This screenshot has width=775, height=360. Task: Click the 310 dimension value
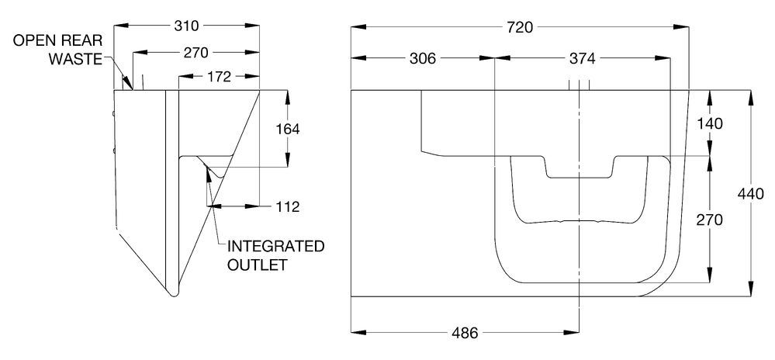pyautogui.click(x=187, y=26)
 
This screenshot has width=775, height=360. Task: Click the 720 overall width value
pyautogui.click(x=519, y=27)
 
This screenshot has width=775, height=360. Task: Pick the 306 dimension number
pyautogui.click(x=423, y=58)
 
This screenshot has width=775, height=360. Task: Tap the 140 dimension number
pyautogui.click(x=709, y=123)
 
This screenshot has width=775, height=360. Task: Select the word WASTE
pyautogui.click(x=74, y=58)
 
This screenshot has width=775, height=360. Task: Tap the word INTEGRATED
pyautogui.click(x=275, y=247)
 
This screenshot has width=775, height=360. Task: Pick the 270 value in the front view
pyautogui.click(x=709, y=220)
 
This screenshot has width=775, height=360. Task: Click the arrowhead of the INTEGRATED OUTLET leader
pyautogui.click(x=206, y=168)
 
